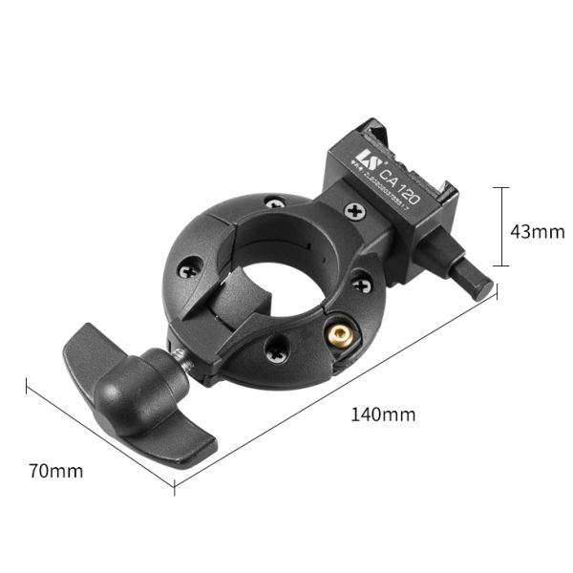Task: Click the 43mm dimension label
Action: coord(539,231)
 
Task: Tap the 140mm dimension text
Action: coord(382,414)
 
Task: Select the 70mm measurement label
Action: coord(55,471)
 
